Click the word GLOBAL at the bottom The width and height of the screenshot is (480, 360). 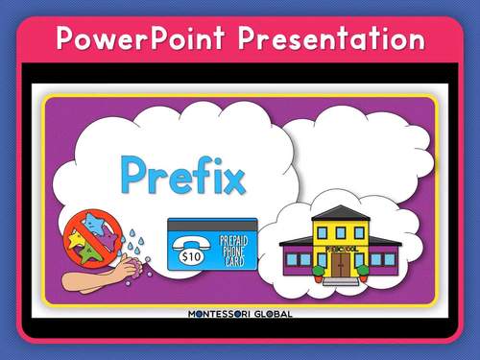point(271,314)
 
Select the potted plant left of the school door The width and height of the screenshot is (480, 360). point(319,271)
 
